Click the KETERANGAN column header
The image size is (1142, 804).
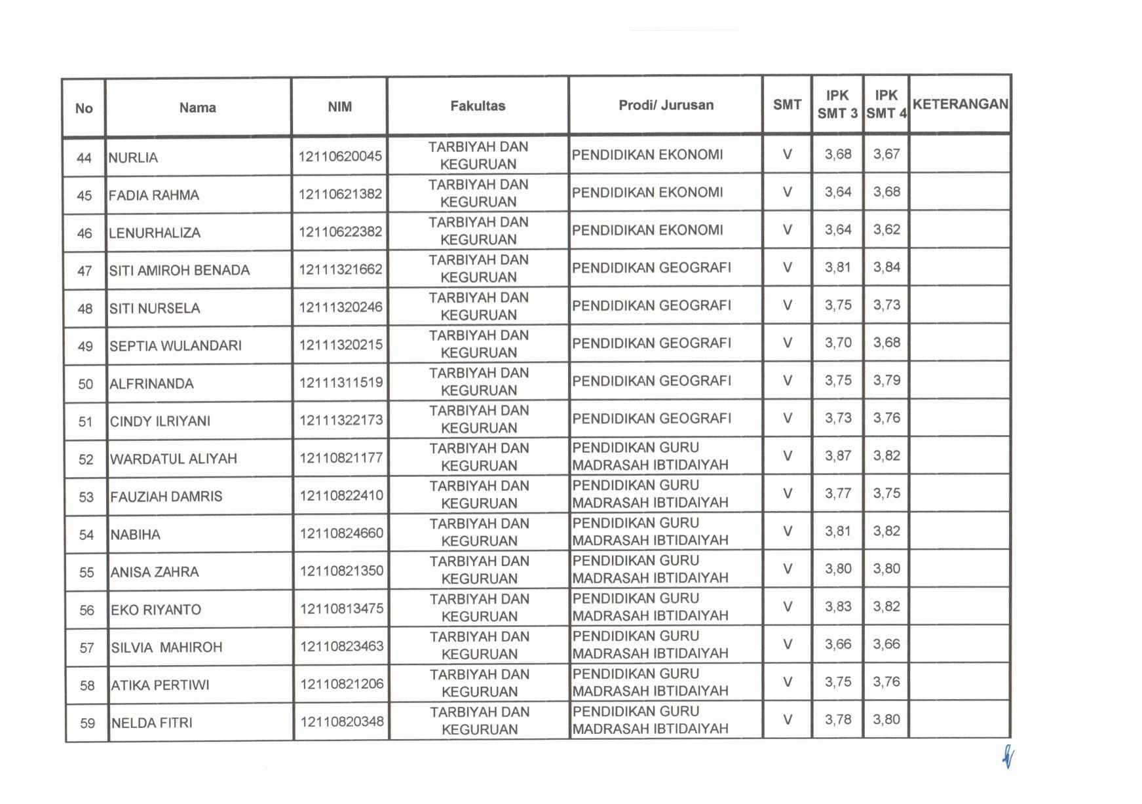coord(960,105)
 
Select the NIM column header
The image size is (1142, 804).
coord(339,107)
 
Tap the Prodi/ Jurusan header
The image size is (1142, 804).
coord(666,105)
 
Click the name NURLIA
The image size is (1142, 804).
coord(133,158)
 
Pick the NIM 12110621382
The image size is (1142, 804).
coord(340,194)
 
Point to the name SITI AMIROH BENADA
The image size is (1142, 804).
coord(180,271)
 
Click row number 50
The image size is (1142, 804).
coord(85,384)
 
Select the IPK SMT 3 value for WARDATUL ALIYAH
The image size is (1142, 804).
coord(838,456)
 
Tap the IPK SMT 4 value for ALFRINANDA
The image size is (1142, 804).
coord(886,381)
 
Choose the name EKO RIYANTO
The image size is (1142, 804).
coord(156,610)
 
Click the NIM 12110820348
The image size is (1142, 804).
coord(341,722)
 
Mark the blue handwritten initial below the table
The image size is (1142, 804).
coord(1008,759)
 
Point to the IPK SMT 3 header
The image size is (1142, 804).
coord(837,105)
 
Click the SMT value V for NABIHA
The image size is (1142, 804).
coord(788,531)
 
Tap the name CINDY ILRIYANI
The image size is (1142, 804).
coord(160,421)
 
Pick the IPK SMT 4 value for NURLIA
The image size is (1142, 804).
coord(886,155)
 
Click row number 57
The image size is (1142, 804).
coord(86,648)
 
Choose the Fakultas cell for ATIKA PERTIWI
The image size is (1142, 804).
coord(479,683)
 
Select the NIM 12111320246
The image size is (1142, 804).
coord(341,307)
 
